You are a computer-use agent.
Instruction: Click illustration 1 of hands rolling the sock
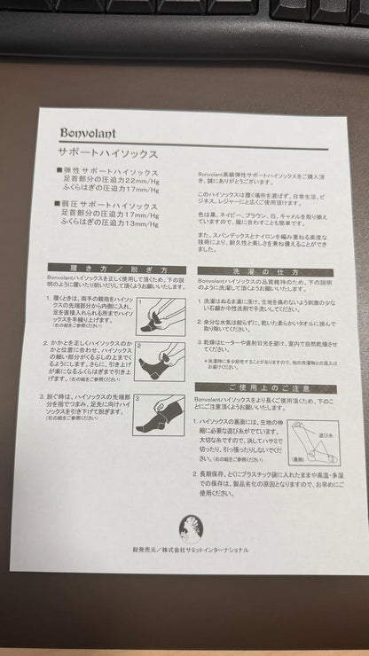[x=160, y=316]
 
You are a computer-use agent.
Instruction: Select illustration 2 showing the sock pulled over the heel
[x=160, y=362]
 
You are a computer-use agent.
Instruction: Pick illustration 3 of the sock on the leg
[x=160, y=414]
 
